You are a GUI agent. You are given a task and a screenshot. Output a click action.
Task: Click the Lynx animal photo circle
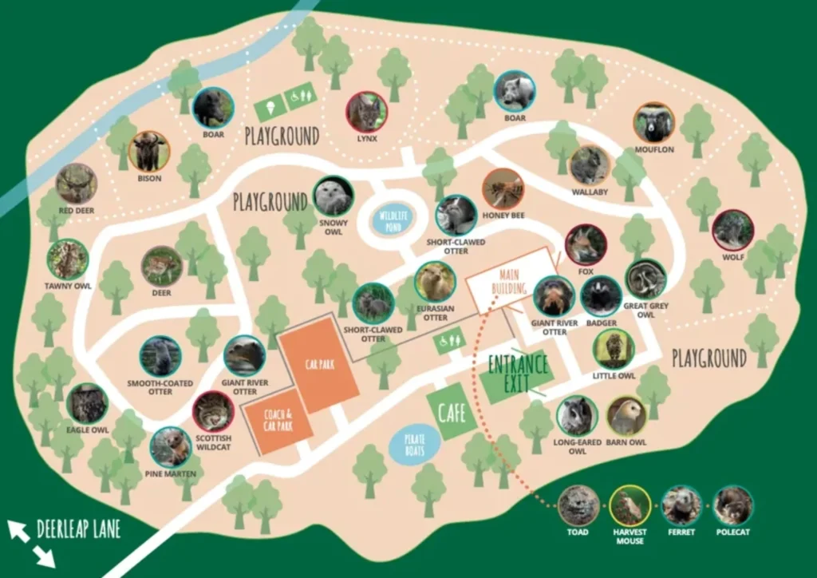(367, 112)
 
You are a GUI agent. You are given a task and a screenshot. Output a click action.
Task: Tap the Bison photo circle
(149, 151)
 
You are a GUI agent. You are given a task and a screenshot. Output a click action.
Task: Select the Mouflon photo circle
(654, 123)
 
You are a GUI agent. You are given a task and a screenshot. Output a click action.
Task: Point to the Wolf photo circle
(732, 230)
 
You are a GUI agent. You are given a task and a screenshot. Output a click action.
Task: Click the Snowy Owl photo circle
(333, 196)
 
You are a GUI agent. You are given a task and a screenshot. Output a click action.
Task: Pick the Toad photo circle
(578, 505)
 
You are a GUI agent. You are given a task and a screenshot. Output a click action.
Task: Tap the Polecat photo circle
(732, 505)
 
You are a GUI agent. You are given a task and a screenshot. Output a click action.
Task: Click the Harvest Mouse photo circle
(630, 505)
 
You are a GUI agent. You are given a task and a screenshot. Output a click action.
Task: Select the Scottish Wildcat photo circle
(213, 411)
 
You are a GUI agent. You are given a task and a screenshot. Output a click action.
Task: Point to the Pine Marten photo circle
(170, 447)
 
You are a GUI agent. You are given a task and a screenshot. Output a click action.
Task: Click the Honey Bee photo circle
(503, 189)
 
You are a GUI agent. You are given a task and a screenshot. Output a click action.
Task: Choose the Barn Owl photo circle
(627, 416)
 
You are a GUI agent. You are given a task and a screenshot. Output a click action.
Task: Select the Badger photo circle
(601, 296)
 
